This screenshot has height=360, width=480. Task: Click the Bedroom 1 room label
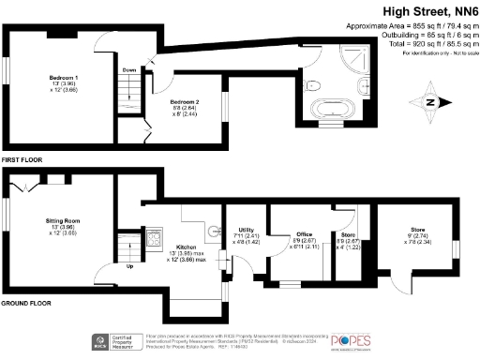(64, 77)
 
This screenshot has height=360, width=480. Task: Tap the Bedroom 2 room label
(184, 100)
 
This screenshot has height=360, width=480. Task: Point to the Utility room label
(247, 230)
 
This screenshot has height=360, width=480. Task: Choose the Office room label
(304, 234)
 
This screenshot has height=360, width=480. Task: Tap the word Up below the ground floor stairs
(128, 265)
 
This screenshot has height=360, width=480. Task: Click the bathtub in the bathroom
(333, 120)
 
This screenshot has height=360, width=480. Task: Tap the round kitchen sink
(213, 228)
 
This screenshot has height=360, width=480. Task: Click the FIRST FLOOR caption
(22, 161)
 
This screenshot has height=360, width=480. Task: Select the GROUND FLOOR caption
(26, 304)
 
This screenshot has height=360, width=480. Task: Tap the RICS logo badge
(97, 341)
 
